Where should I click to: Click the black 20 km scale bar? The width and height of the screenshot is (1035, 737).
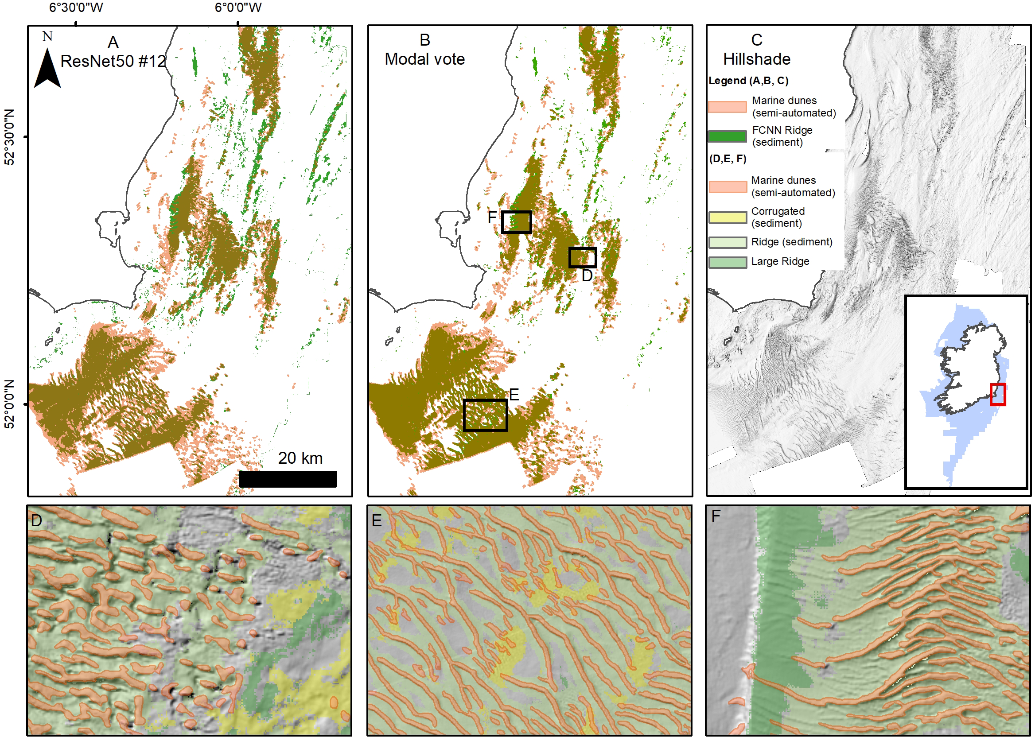(x=288, y=479)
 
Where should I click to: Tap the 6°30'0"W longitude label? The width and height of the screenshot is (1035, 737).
(x=76, y=7)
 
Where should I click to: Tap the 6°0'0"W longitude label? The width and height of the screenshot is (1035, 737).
(x=238, y=7)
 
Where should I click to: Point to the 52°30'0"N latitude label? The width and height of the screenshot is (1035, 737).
(x=9, y=136)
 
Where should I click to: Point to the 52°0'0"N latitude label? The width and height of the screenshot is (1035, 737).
(x=9, y=404)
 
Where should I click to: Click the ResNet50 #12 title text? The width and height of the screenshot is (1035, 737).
(x=113, y=61)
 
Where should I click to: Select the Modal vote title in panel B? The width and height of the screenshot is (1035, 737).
(x=424, y=59)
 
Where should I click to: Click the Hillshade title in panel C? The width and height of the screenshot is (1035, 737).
(x=756, y=59)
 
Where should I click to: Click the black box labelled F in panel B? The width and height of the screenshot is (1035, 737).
(x=516, y=222)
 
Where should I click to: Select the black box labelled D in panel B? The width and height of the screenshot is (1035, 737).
(x=583, y=257)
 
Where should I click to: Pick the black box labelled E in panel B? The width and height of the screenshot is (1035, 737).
(x=485, y=415)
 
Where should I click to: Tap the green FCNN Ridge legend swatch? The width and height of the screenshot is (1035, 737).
(x=727, y=136)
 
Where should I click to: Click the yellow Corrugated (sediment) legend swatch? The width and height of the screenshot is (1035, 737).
(x=727, y=217)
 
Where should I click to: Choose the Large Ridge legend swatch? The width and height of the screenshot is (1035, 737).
(x=727, y=262)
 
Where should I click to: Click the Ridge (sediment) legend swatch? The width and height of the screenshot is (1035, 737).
(x=727, y=242)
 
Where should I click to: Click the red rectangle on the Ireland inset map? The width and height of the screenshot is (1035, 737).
(x=997, y=394)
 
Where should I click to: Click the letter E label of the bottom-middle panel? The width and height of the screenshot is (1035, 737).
(x=376, y=520)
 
